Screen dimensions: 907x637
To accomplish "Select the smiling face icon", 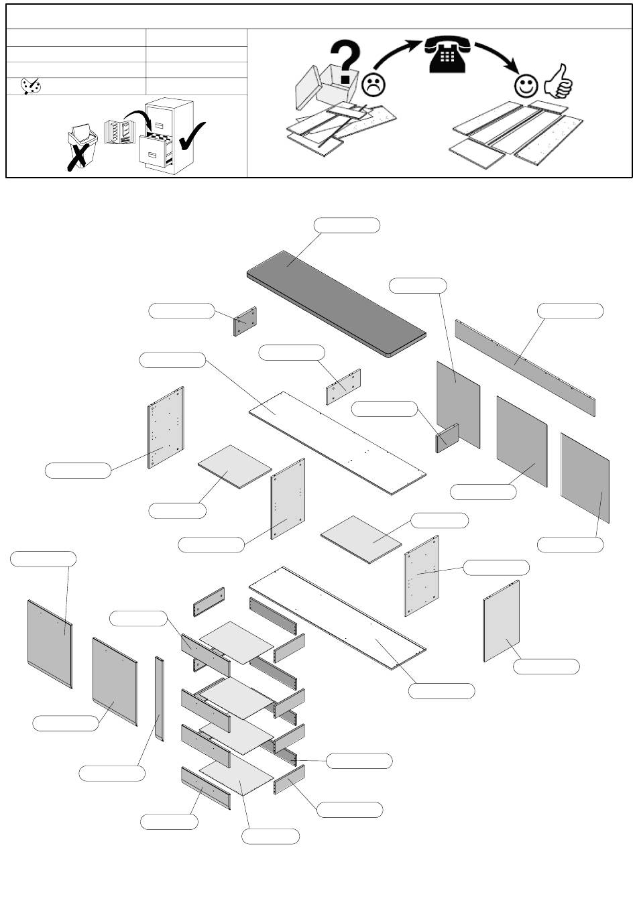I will pyautogui.click(x=526, y=85).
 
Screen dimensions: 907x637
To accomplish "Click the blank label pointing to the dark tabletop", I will pyautogui.click(x=347, y=225).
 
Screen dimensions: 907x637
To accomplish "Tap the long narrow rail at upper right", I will pyautogui.click(x=525, y=367).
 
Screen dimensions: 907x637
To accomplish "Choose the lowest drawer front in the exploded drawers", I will pyautogui.click(x=206, y=789).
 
